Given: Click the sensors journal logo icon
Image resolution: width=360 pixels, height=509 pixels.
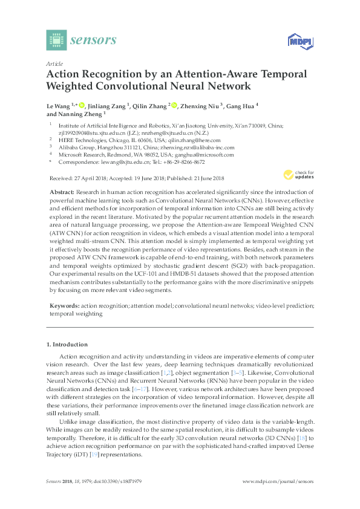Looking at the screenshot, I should (56, 41).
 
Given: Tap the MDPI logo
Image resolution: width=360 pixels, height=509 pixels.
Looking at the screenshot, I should (298, 41).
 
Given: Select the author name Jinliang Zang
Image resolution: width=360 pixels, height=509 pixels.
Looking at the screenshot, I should (108, 106).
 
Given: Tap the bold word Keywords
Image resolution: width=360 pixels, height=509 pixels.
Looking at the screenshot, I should (62, 306).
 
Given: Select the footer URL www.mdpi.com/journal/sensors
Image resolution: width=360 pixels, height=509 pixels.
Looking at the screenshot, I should (278, 481).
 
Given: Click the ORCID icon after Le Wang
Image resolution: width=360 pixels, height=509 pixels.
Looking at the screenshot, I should (82, 106).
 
